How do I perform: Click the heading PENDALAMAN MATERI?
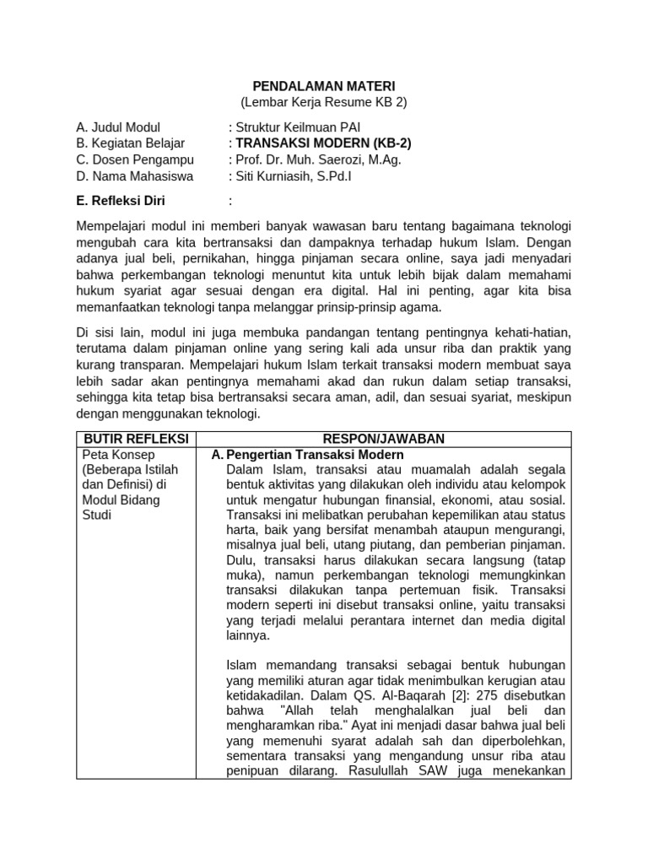click(x=324, y=86)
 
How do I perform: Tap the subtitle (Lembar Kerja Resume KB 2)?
click(x=324, y=102)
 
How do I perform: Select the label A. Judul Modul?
click(x=118, y=128)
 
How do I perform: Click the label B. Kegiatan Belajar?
click(x=131, y=144)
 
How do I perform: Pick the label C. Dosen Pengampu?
click(x=135, y=160)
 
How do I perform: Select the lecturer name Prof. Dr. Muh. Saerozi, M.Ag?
click(x=315, y=160)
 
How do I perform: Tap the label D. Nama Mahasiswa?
click(x=134, y=176)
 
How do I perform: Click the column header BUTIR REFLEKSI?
click(x=135, y=439)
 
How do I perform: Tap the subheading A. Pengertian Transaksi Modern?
click(x=308, y=455)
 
